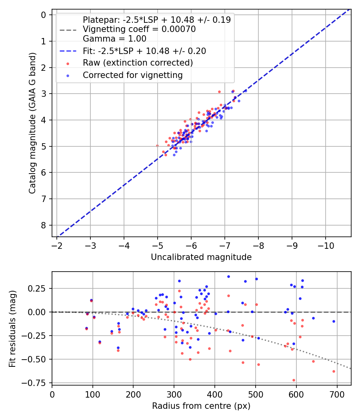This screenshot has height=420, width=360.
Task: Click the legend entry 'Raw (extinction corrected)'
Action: tap(138, 63)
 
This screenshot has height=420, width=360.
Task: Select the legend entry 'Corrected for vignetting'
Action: tap(132, 75)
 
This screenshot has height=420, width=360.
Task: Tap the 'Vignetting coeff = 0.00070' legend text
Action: tap(139, 29)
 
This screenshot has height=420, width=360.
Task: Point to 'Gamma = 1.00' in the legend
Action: tap(114, 39)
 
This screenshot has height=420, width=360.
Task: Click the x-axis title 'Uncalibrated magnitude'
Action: tap(201, 257)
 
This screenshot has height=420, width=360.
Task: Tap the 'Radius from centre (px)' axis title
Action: tap(201, 406)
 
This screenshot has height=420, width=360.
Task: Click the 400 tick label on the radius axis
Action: tap(215, 394)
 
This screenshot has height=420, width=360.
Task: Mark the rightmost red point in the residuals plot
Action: tap(334, 371)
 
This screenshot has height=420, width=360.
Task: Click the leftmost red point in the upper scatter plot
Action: tap(157, 146)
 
